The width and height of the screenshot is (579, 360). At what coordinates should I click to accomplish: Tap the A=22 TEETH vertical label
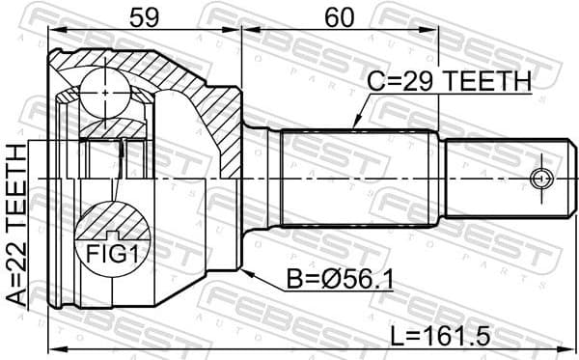pyautogui.click(x=16, y=225)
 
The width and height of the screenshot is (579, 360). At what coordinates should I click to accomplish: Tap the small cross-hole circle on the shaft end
pyautogui.click(x=541, y=179)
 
